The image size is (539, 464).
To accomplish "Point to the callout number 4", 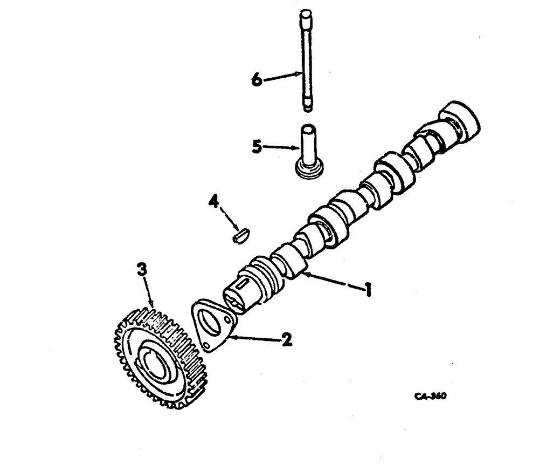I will tap(215, 203).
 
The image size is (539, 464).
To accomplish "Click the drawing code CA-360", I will tap(431, 395).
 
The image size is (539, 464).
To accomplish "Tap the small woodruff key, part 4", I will tap(240, 235).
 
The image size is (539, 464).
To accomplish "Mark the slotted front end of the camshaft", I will tap(238, 295).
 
